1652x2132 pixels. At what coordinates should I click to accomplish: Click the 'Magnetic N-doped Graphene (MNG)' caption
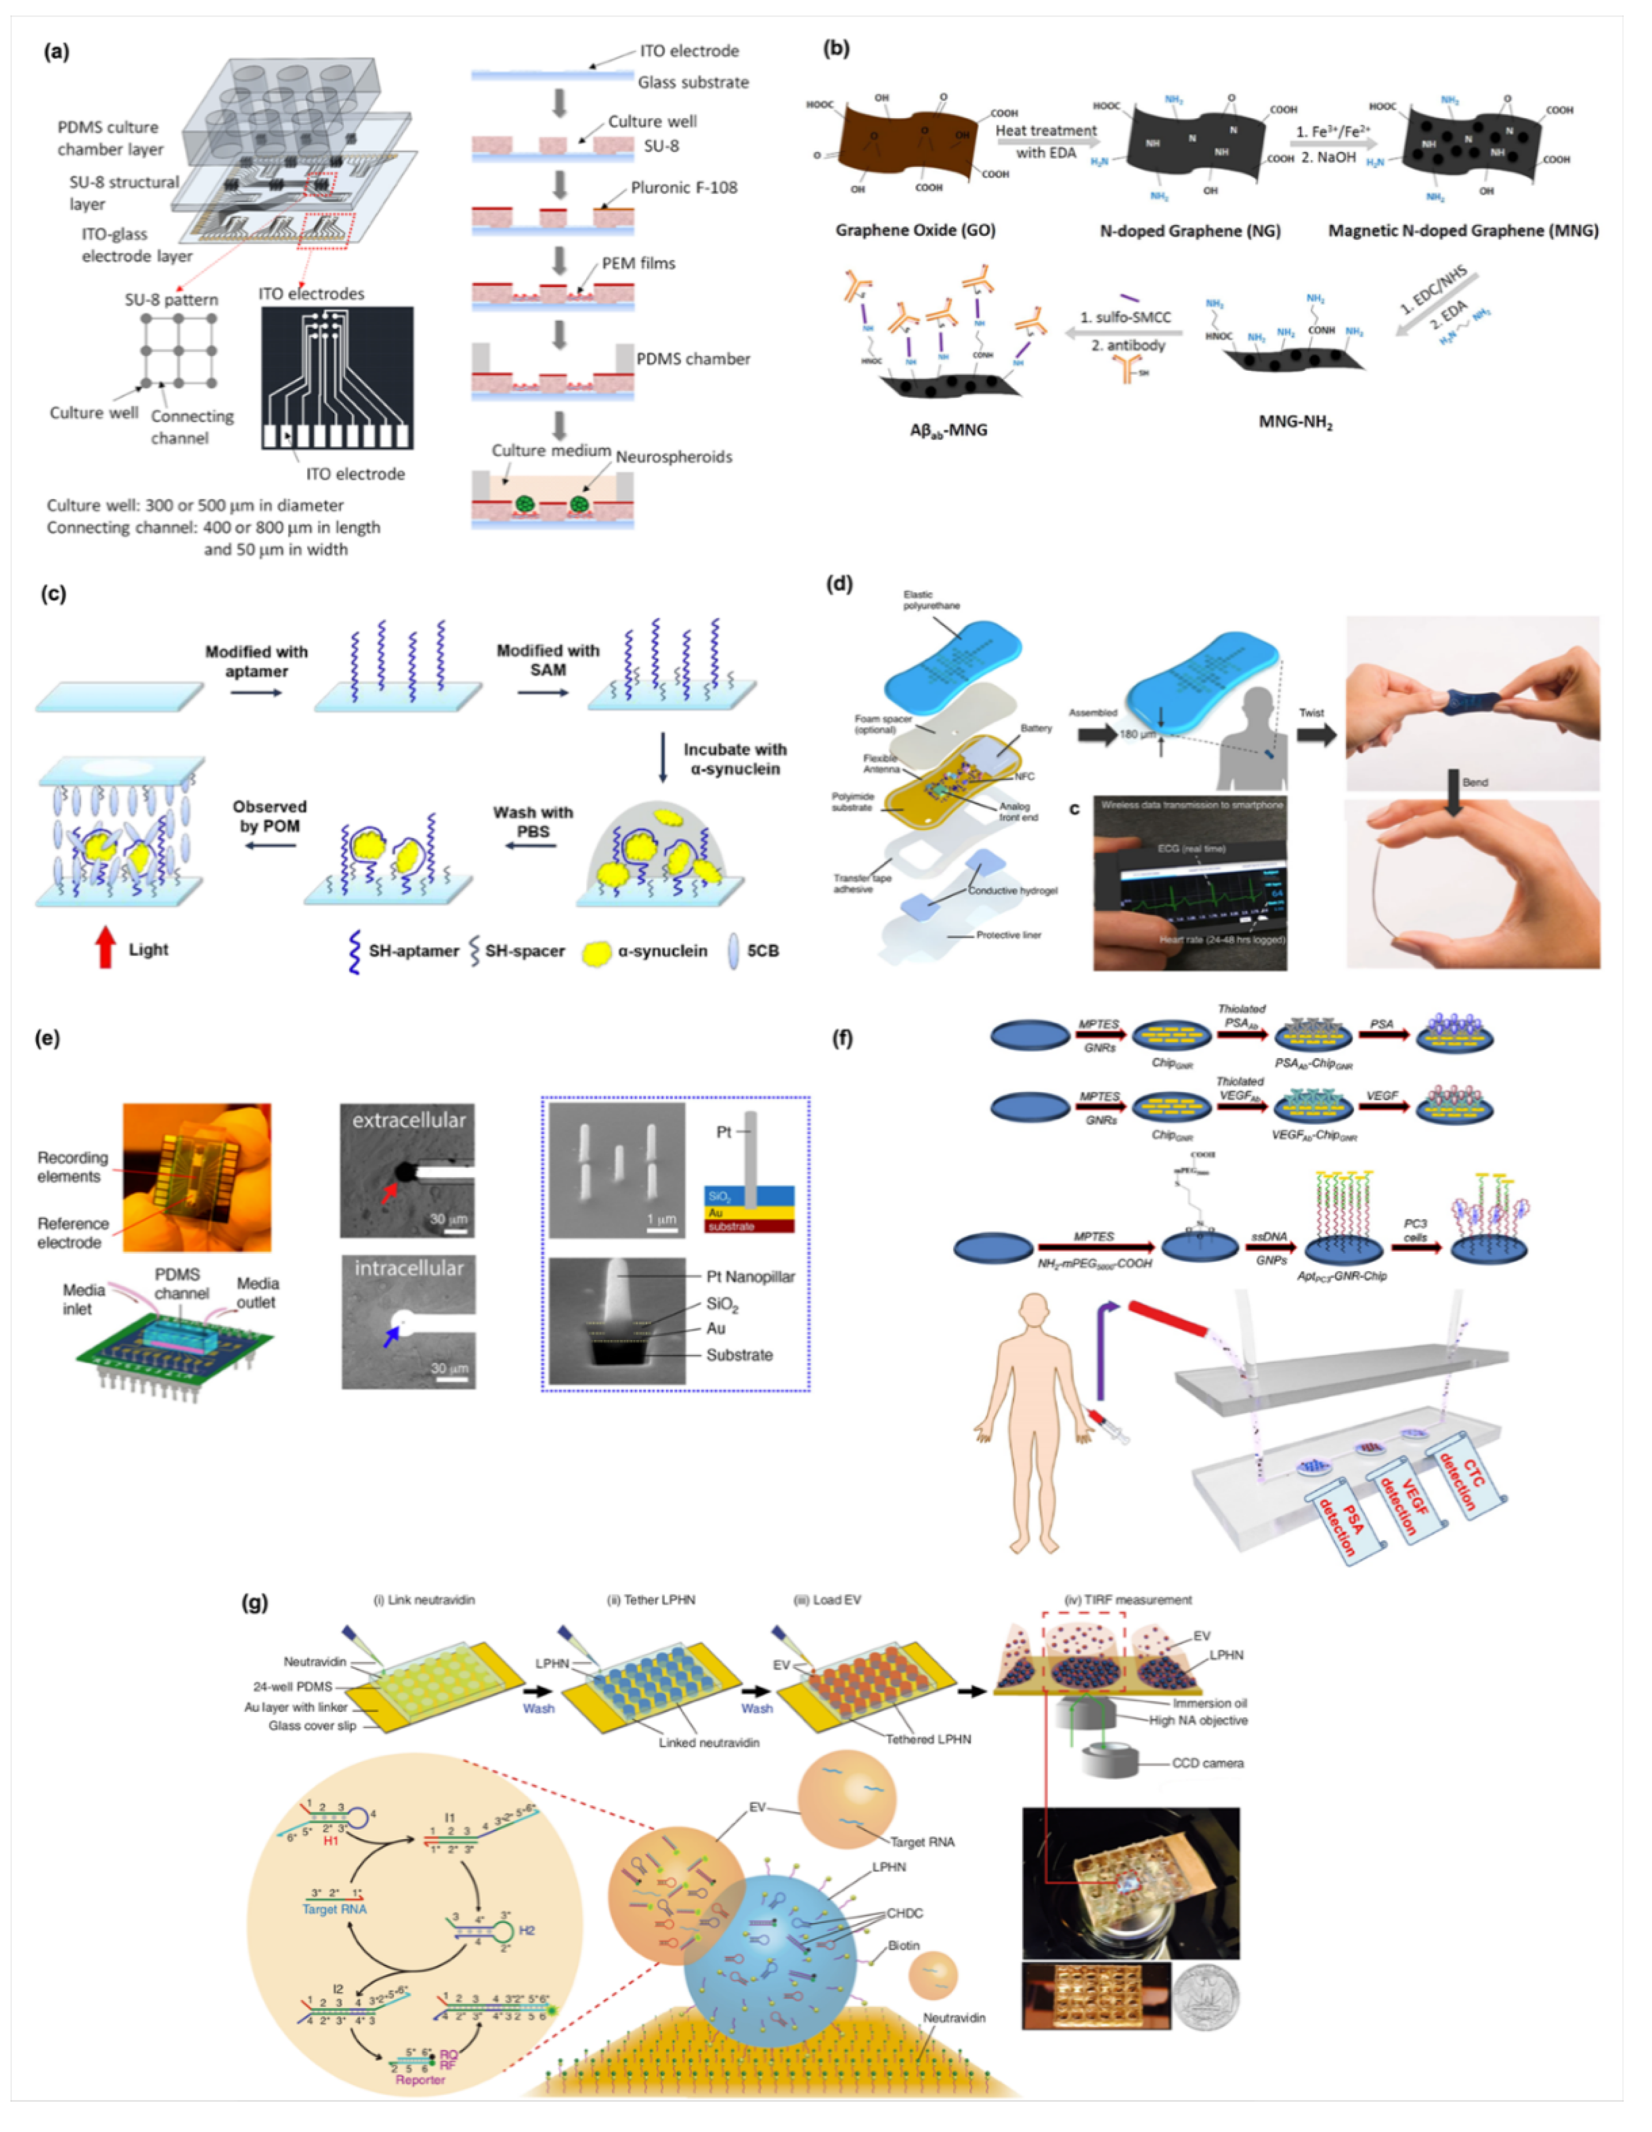click(x=1463, y=230)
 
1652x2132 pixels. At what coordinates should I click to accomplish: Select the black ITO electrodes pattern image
click(x=337, y=378)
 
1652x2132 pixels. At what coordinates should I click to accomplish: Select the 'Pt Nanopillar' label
click(x=750, y=1276)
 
